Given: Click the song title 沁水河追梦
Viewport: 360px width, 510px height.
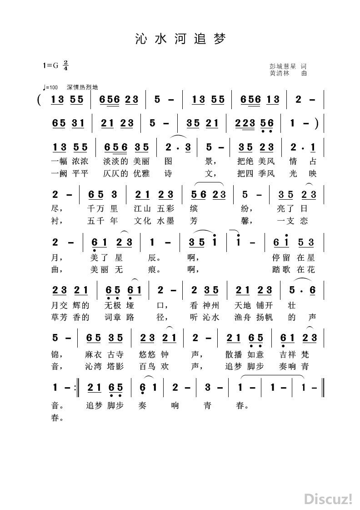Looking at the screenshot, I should coord(180,39).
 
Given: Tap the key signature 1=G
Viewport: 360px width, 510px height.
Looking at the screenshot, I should coord(51,65).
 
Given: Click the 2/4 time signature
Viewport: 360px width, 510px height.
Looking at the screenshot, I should coord(66,65).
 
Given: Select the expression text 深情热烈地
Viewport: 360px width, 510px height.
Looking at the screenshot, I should coord(82,87).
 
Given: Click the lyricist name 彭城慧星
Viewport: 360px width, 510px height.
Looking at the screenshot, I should coord(283,66).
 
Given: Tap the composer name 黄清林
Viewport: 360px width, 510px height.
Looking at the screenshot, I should coord(280,72).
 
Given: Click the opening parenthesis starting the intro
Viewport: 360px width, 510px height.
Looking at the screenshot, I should coord(41,99).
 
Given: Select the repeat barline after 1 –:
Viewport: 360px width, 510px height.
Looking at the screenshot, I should coord(77,388).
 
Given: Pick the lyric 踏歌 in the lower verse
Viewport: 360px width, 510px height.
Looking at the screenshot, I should coord(281,270).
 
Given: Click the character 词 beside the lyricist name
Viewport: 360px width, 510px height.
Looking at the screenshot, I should coord(304,66).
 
